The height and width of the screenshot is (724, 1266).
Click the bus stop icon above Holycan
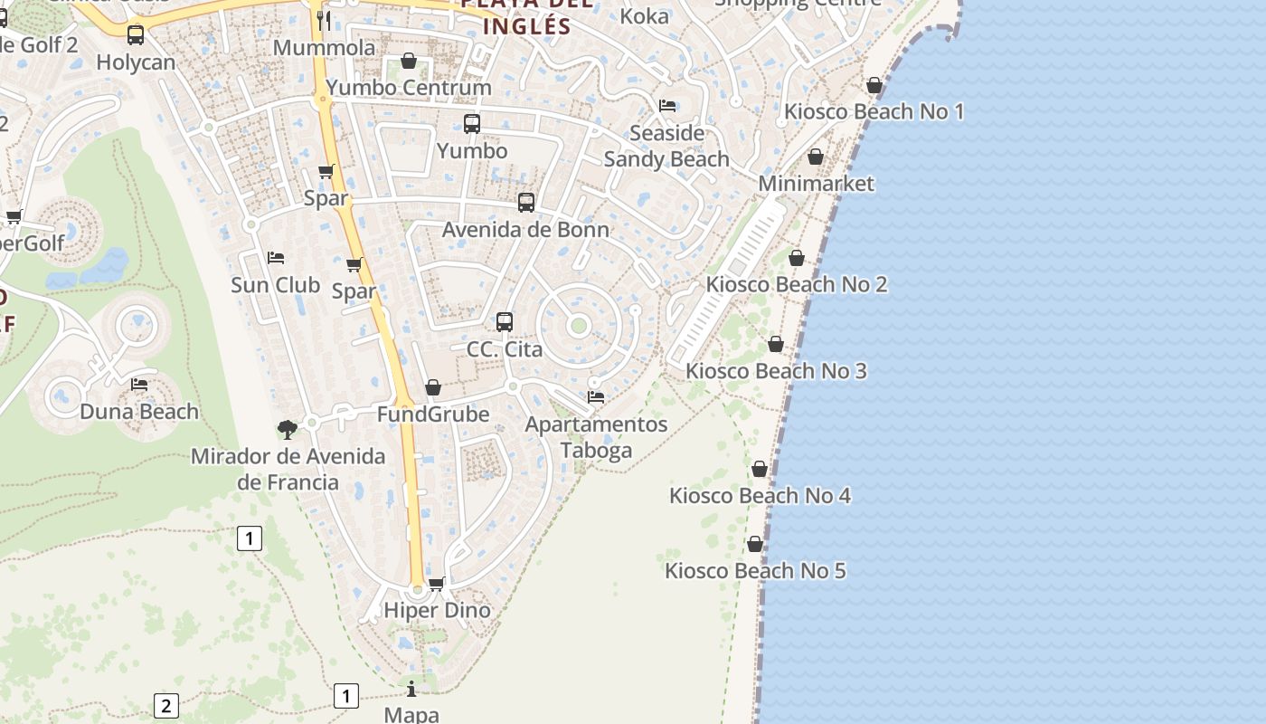click(x=136, y=35)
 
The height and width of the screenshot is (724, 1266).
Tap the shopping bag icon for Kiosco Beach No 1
click(x=874, y=85)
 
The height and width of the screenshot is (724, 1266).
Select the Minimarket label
click(x=817, y=184)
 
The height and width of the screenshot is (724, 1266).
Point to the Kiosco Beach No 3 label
click(x=776, y=371)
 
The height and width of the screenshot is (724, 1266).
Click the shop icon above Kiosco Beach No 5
click(x=755, y=545)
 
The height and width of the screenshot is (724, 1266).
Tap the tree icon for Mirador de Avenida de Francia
click(x=288, y=429)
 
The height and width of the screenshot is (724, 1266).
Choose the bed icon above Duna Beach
click(x=139, y=385)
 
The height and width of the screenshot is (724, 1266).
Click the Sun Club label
click(x=275, y=285)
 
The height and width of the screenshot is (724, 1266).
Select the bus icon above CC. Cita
click(x=505, y=322)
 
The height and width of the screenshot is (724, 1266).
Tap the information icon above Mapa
click(x=411, y=689)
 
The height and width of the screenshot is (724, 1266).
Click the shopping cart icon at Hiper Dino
click(x=437, y=584)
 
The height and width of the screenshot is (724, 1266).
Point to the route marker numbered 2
click(x=165, y=705)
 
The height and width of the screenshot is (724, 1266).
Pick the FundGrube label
click(x=433, y=414)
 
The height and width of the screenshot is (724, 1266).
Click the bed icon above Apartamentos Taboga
click(x=596, y=396)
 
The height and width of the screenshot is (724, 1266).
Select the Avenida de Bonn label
click(x=525, y=230)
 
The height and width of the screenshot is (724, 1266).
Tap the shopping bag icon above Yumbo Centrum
click(x=409, y=61)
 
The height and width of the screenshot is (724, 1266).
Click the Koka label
click(x=645, y=16)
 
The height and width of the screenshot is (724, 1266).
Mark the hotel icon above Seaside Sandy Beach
click(x=667, y=106)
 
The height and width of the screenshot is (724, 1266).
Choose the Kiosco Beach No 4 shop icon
click(x=760, y=469)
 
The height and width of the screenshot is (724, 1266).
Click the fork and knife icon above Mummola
click(x=325, y=20)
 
